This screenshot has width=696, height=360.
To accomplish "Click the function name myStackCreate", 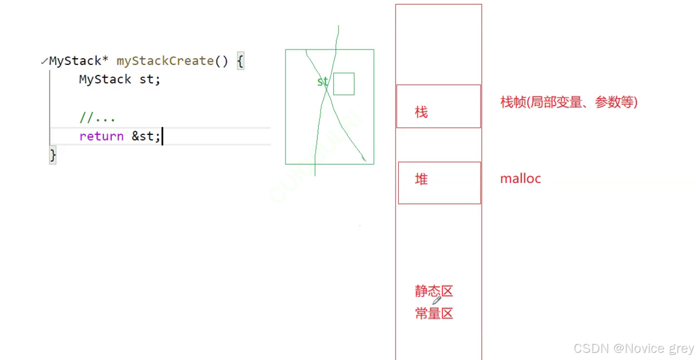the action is tap(165, 61).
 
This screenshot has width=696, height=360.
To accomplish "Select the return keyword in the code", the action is tap(101, 136).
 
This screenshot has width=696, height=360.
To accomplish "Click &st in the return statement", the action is tap(146, 136).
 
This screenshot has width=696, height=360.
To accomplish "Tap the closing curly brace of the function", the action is tap(53, 155).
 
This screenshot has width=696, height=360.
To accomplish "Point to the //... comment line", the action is tap(97, 118).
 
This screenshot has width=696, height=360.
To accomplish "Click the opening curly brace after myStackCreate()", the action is tap(241, 62).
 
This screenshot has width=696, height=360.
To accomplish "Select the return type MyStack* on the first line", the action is tap(79, 61).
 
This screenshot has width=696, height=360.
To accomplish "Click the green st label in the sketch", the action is tap(323, 82).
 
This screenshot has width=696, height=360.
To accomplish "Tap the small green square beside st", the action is tap(344, 84).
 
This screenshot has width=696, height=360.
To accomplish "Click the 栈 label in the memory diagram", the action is tap(421, 112).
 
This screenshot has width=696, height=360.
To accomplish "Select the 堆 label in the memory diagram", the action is tap(421, 179).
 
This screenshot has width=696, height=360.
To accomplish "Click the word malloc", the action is tap(520, 179).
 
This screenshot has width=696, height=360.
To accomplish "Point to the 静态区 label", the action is tap(434, 292).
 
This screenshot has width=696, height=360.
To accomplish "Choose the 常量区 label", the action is tap(434, 314).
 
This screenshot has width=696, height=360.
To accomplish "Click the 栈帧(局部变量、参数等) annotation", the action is tap(569, 102).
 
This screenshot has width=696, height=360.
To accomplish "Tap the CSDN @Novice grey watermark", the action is tap(634, 349).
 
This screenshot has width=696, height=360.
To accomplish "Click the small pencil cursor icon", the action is tap(437, 300).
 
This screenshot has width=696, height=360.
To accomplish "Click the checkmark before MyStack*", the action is tap(44, 62).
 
